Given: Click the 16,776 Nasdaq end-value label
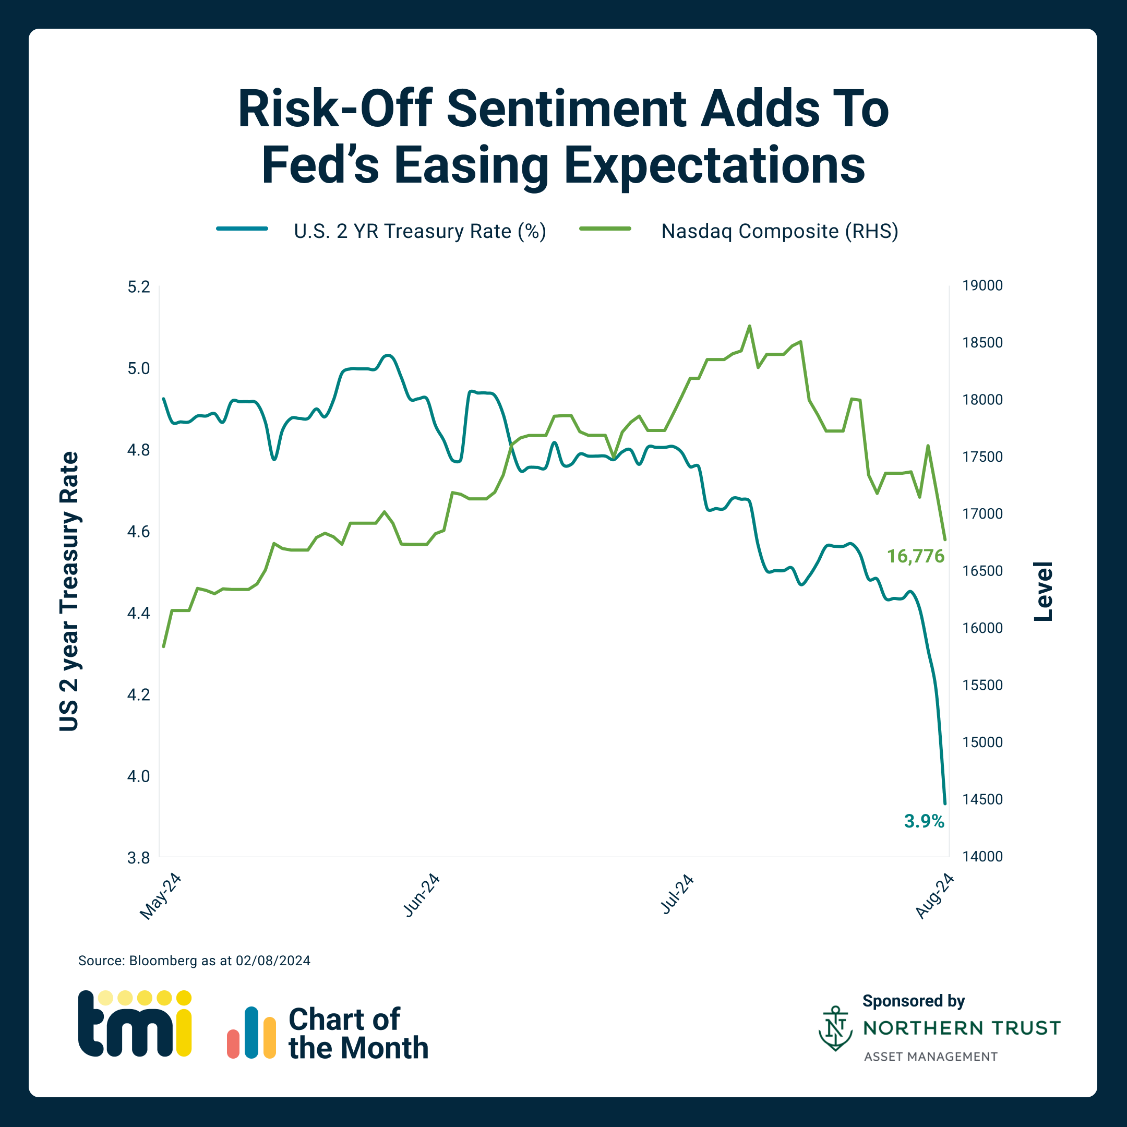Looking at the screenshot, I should click(915, 557).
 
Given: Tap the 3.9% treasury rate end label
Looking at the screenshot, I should click(924, 821).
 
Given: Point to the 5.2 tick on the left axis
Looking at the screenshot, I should click(138, 287).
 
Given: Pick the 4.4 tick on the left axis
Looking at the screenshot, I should click(138, 613).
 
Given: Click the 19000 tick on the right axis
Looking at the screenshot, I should click(982, 286).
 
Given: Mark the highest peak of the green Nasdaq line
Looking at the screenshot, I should click(750, 327).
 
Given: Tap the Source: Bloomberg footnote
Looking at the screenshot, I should click(194, 961).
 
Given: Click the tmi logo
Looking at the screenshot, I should click(135, 1024).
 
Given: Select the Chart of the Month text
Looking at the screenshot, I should click(357, 1034).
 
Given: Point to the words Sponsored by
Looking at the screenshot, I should click(913, 1001).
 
